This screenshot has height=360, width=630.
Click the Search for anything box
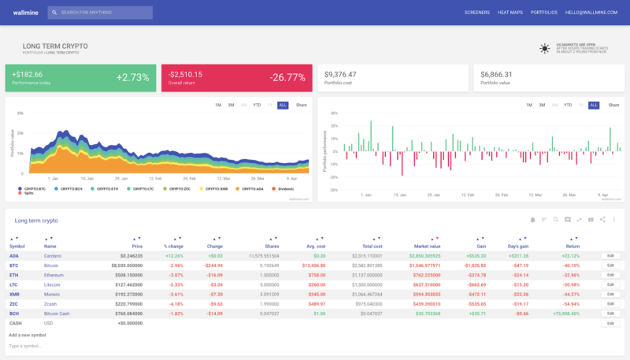pyautogui.click(x=99, y=13)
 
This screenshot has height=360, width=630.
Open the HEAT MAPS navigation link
pyautogui.click(x=510, y=13)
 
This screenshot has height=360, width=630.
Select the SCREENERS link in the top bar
pyautogui.click(x=477, y=13)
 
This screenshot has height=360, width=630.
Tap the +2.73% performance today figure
pyautogui.click(x=132, y=77)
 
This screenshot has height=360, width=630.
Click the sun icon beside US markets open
pyautogui.click(x=545, y=49)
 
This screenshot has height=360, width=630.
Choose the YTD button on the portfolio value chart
pyautogui.click(x=257, y=105)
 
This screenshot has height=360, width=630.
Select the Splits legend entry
pyautogui.click(x=29, y=194)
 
